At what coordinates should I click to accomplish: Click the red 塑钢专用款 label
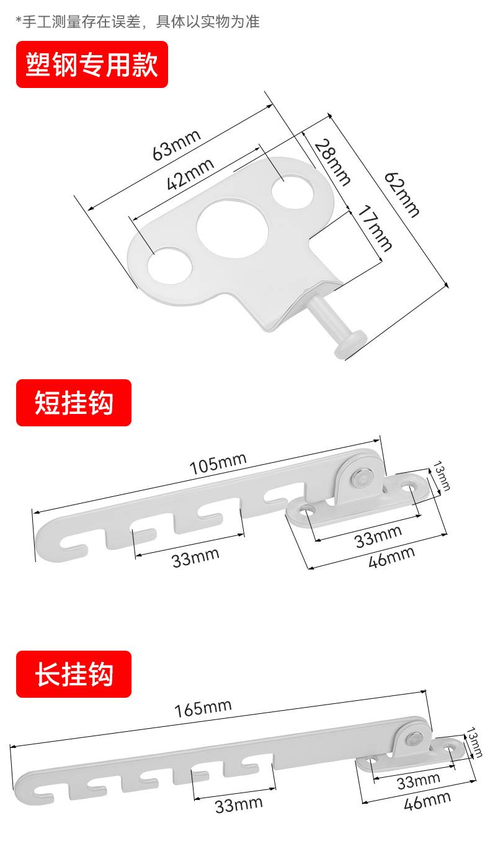pyautogui.click(x=92, y=64)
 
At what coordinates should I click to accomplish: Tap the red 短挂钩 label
pyautogui.click(x=74, y=403)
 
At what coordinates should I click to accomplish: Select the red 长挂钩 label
pyautogui.click(x=74, y=674)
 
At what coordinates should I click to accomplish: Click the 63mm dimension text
pyautogui.click(x=177, y=144)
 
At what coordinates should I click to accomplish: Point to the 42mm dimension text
pyautogui.click(x=190, y=174)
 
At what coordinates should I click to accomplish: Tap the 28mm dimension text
pyautogui.click(x=332, y=162)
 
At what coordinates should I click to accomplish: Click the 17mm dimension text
pyautogui.click(x=374, y=230)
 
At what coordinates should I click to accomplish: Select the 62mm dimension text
pyautogui.click(x=402, y=194)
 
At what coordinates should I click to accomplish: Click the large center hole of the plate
pyautogui.click(x=233, y=227)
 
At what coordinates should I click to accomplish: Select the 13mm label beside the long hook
pyautogui.click(x=476, y=742)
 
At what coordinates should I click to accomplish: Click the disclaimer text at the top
pyautogui.click(x=137, y=22)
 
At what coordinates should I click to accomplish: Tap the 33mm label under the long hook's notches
pyautogui.click(x=239, y=805)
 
